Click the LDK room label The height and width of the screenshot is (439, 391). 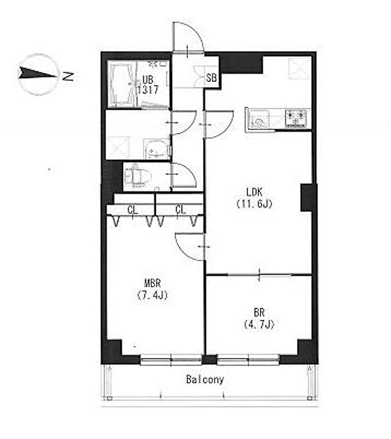coord(255,198)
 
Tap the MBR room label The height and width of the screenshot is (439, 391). coord(152,289)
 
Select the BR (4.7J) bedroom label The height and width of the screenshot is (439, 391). coord(259,318)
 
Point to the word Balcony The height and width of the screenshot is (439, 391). coord(205,379)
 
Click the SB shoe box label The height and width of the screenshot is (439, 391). coord(211,78)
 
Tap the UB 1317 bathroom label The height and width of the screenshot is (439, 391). coord(148,85)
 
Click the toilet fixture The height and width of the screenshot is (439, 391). coord(138,176)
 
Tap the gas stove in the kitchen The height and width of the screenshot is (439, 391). coord(296,118)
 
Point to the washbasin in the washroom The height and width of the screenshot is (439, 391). coord(156,149)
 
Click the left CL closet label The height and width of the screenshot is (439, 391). coord(132,210)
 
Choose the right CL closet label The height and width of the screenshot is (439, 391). coord(180,209)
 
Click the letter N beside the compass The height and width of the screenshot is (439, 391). coord(68,76)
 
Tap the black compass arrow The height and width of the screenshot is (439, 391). coord(38,73)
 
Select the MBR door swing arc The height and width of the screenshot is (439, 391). coord(182,251)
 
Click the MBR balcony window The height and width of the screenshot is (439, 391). coord(171,360)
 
